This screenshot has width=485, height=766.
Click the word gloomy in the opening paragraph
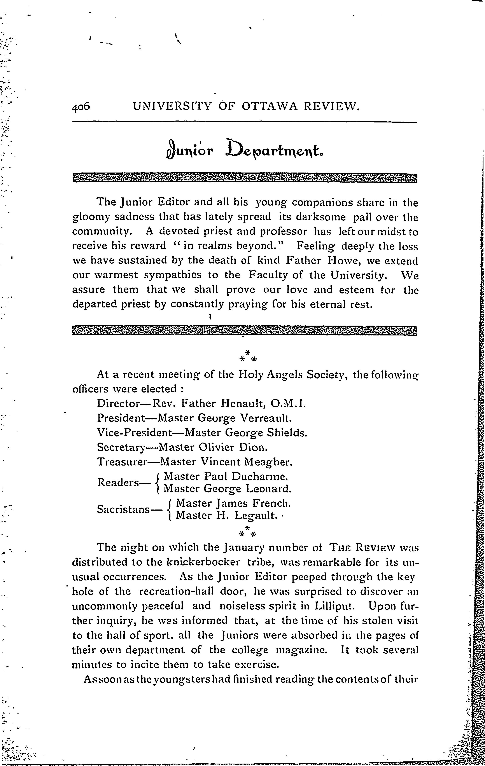(x=91, y=218)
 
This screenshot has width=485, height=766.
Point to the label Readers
(x=118, y=483)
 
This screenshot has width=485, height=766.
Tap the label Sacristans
(x=123, y=510)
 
